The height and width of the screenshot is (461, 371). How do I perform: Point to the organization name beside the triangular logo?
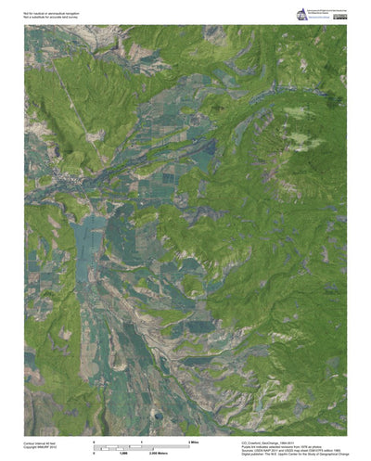click(x=320, y=12)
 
